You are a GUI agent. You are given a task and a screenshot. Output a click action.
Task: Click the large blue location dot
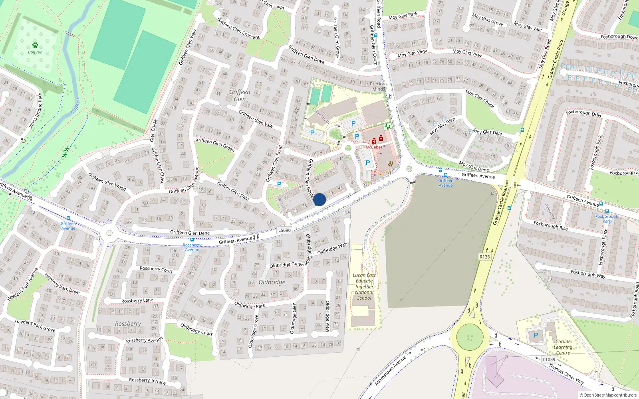coord(319,199)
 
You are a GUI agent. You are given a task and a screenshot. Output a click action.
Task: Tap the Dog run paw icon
coord(35,45)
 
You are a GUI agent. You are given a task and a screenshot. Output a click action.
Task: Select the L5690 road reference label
coord(284,230)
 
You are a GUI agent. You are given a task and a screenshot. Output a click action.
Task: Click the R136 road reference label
coord(484,257)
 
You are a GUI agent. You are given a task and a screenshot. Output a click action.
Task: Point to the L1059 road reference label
coord(549,359)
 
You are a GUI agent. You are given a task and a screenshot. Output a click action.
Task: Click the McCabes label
coord(374,147)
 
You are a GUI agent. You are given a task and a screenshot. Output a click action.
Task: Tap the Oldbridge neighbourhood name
coord(272,282)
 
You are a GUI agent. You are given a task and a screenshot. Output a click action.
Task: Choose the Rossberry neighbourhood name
coord(128,324)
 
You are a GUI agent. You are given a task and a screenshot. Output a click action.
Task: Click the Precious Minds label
coord(378,86)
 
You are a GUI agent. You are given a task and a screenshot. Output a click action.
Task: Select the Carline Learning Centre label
coord(563,347)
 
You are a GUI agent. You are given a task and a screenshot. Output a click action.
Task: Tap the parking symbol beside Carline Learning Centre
coord(536,335)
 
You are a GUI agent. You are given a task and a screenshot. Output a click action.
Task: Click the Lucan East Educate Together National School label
coord(364,286)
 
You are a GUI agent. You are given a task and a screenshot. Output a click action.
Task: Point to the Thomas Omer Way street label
coord(566,374)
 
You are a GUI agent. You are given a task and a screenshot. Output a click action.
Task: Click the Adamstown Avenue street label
coord(390,370)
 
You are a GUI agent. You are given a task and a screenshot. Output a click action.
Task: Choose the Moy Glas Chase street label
coord(480,99)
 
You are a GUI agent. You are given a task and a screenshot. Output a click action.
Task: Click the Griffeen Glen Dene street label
coord(190,233)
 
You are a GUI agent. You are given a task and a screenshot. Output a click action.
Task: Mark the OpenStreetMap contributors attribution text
coord(608,395)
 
